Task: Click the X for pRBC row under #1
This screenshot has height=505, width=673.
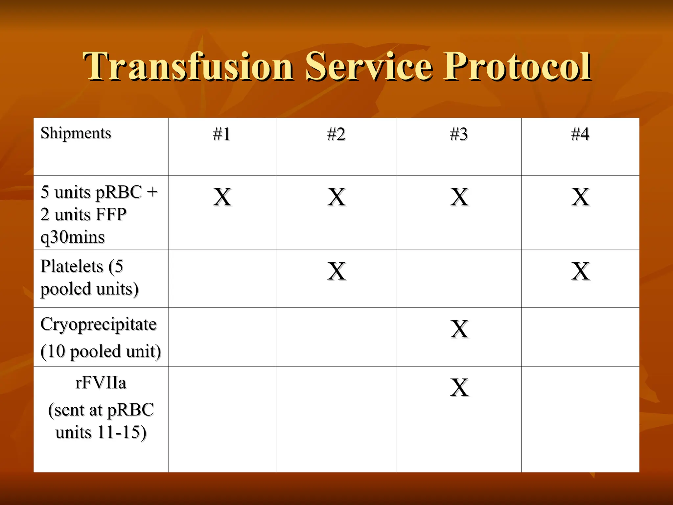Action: pos(222,197)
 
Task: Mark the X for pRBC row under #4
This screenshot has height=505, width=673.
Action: pos(580,197)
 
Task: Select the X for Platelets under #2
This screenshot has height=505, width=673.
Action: pos(336,271)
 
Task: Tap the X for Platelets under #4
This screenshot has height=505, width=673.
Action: pos(580,271)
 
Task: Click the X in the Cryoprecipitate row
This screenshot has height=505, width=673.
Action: pos(459,329)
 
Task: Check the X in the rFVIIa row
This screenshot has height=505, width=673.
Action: pos(459,387)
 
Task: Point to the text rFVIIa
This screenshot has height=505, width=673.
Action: pos(101,383)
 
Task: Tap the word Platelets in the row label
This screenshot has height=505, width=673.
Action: pos(72,266)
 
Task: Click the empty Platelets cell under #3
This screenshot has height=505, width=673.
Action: pos(459,279)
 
